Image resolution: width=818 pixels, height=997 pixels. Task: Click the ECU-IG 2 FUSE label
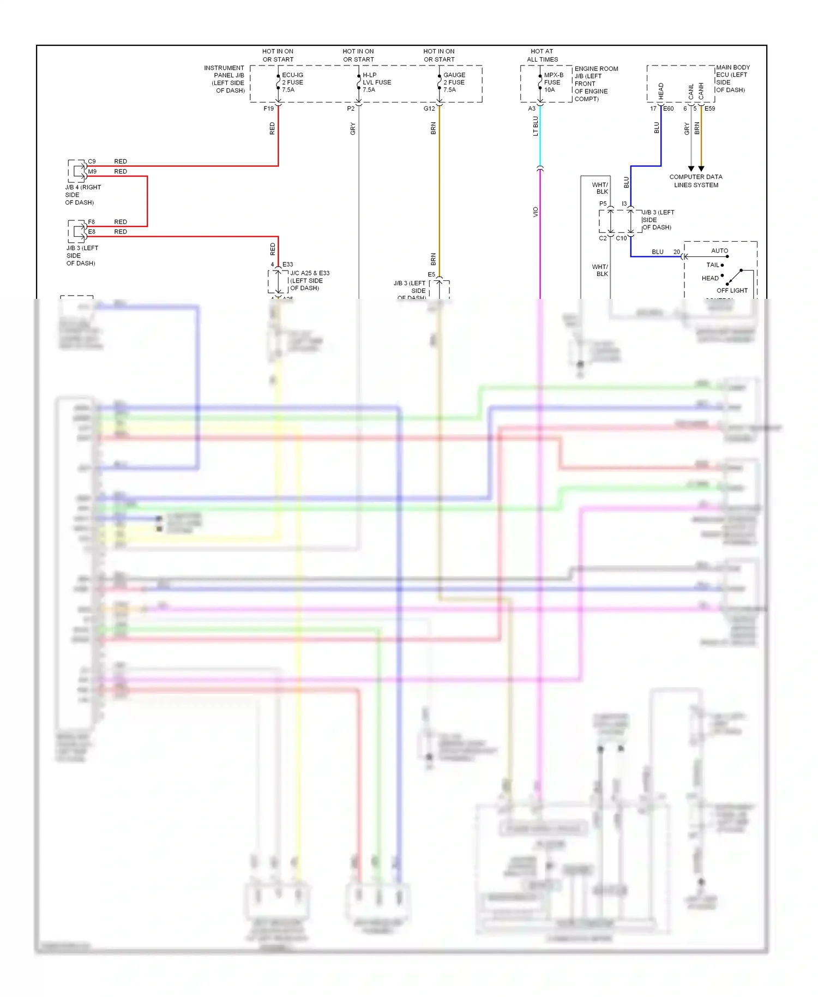[292, 82]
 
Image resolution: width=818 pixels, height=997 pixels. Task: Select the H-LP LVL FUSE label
[376, 82]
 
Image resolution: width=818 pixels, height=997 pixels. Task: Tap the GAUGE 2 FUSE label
[454, 82]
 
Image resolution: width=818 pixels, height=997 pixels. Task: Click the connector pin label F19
[268, 109]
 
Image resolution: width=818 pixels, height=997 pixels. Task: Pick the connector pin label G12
[429, 109]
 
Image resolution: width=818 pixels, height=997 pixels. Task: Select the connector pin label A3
[532, 109]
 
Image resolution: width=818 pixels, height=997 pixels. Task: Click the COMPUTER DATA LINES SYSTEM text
[695, 181]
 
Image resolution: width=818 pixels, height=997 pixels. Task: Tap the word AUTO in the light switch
[719, 251]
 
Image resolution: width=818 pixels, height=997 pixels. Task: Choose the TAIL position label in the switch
[712, 265]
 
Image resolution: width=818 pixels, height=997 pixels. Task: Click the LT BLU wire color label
[536, 126]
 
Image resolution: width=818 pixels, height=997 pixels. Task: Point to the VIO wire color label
[536, 212]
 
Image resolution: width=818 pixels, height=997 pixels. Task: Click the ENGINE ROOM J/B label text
[596, 83]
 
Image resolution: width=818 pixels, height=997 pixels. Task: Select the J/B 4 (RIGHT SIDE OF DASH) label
[82, 195]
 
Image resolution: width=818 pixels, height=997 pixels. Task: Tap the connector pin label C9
[92, 161]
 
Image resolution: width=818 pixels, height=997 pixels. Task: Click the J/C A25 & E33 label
[309, 280]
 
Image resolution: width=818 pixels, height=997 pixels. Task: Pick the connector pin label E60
[668, 109]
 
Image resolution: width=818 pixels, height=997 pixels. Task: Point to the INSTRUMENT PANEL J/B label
[225, 79]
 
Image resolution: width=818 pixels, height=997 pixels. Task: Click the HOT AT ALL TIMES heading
[542, 55]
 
